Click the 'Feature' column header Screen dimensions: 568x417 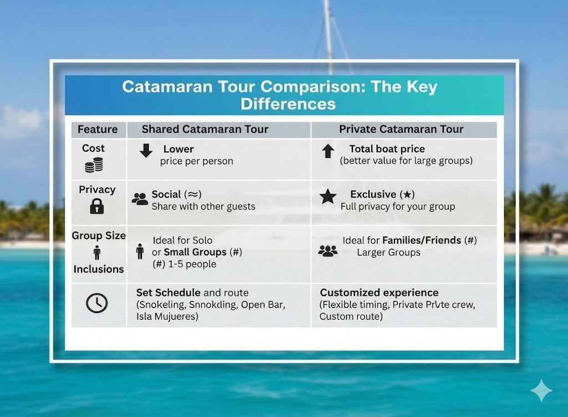coord(98,129)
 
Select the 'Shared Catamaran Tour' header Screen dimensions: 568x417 coord(205,129)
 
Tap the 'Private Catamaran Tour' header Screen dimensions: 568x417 coord(401,129)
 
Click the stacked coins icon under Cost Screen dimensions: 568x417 coord(94,164)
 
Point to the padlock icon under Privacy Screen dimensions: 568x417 coord(97,206)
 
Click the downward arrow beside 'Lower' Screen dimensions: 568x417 coord(146,150)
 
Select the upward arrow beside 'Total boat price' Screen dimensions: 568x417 coord(328,151)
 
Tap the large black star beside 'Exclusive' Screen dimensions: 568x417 coord(328,197)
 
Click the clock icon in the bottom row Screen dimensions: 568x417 coord(97,303)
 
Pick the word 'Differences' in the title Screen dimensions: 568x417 coord(288,104)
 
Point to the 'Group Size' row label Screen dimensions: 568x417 coord(99,235)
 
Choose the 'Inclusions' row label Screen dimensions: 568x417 coord(99,269)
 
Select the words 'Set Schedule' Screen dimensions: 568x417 coord(169,293)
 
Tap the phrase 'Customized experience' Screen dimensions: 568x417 coord(379,293)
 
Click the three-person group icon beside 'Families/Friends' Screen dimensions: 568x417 coord(328,251)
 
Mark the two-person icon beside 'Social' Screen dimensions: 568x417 coord(140,199)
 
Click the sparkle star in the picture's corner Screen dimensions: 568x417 coord(541,390)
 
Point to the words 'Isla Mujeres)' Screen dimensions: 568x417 coord(168,316)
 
